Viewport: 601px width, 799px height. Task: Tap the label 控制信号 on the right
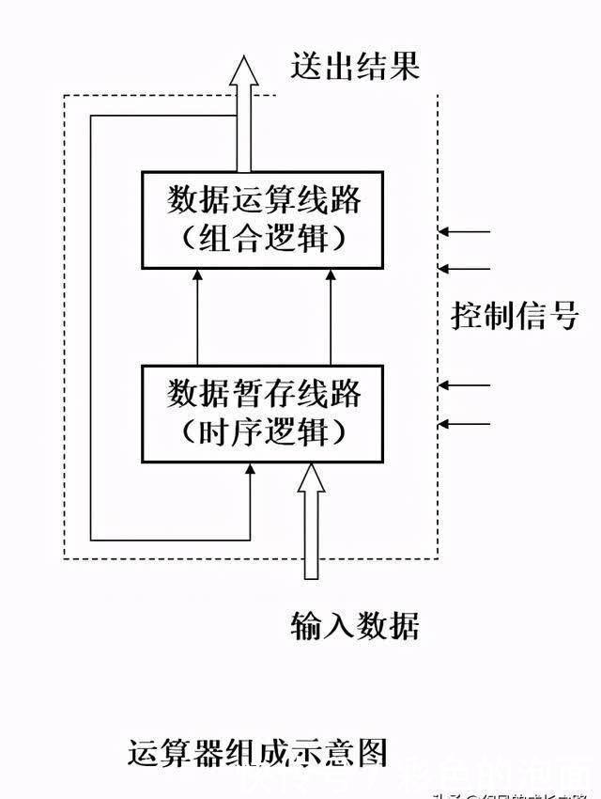pos(514,317)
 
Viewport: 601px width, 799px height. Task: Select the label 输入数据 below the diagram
pos(356,625)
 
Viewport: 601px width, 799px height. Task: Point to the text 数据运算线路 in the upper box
pos(264,200)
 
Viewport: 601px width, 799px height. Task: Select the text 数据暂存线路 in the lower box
pos(264,392)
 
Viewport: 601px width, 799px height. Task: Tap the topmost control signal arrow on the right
pos(466,230)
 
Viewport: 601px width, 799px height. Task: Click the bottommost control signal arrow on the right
pos(466,424)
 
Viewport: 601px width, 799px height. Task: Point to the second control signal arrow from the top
pos(466,267)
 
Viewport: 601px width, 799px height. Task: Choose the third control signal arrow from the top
pos(466,385)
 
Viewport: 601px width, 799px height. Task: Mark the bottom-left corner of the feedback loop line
pos(90,540)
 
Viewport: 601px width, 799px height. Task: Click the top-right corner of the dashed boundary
pos(438,95)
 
